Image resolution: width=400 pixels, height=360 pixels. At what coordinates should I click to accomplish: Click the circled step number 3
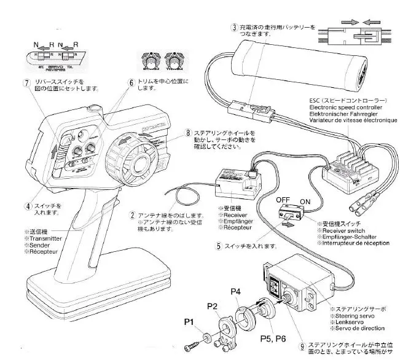pyautogui.click(x=234, y=28)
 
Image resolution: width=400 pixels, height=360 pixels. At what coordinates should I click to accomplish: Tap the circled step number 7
pyautogui.click(x=26, y=83)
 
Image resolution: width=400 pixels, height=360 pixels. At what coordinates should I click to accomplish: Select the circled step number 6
pyautogui.click(x=131, y=82)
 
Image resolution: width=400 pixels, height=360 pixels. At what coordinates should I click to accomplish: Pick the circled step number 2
pyautogui.click(x=131, y=215)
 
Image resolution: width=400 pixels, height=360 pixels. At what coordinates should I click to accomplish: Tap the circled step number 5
pyautogui.click(x=219, y=246)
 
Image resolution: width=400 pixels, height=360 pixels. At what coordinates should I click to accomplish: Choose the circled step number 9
pyautogui.click(x=302, y=346)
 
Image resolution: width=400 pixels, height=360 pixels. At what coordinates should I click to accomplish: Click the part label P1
pyautogui.click(x=189, y=321)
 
